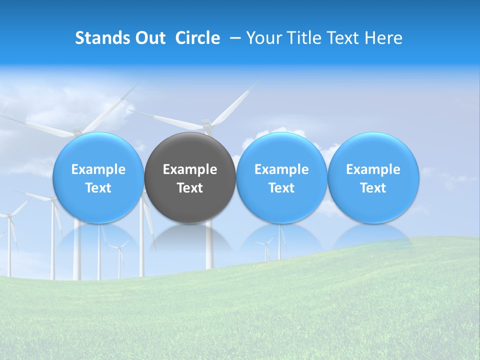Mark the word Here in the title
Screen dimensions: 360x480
click(x=383, y=38)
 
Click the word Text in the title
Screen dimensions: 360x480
click(x=345, y=38)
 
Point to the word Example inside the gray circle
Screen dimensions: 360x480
click(x=190, y=170)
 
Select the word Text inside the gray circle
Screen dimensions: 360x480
click(x=190, y=188)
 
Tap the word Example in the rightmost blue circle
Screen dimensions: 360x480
click(x=373, y=170)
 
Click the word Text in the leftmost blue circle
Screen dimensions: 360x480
click(x=98, y=188)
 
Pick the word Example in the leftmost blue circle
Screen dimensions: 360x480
click(x=98, y=170)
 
